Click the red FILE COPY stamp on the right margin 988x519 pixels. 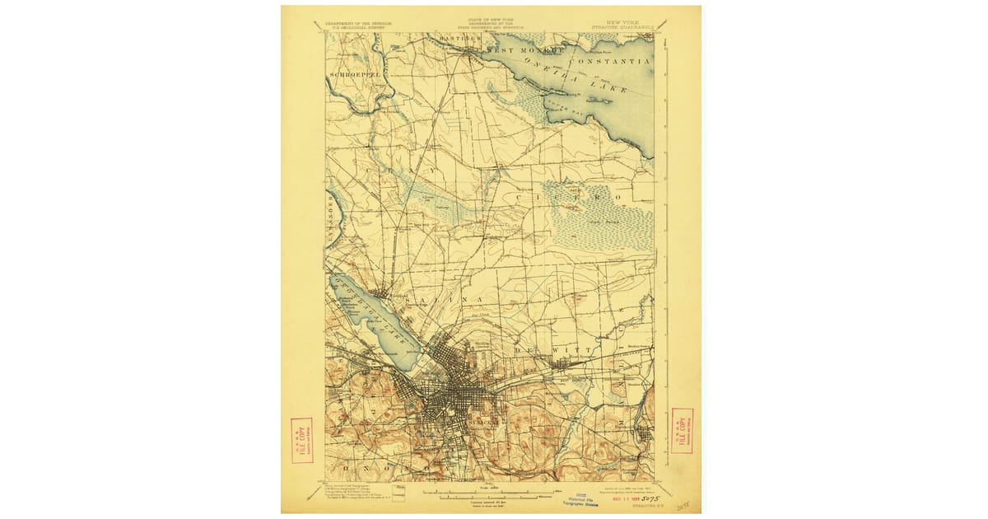(682, 430)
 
